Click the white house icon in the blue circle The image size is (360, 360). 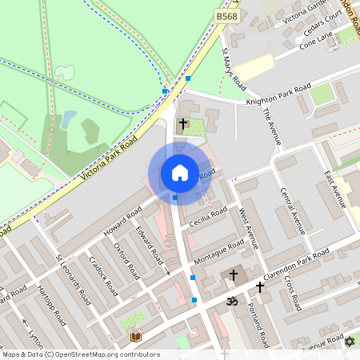(x=180, y=173)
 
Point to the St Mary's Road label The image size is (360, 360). (x=232, y=68)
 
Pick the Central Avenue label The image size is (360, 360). (x=294, y=210)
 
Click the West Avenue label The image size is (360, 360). (x=250, y=227)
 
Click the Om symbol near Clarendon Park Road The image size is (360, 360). (x=233, y=302)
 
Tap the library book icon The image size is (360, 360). (x=135, y=335)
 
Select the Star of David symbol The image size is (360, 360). (x=349, y=342)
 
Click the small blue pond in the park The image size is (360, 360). (x=69, y=120)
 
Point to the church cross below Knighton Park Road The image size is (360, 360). (x=183, y=124)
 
